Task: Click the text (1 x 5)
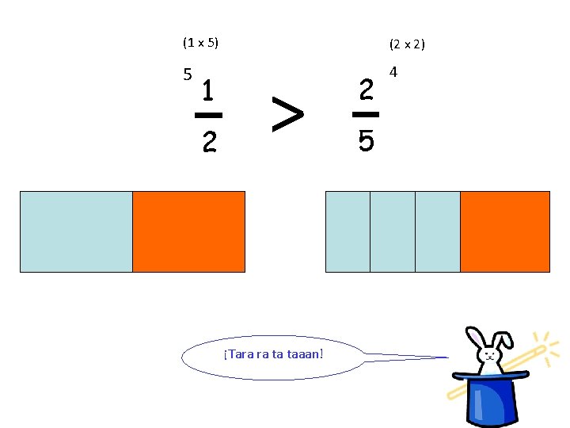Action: (200, 42)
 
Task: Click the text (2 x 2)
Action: (407, 44)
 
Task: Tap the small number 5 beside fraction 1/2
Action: (187, 75)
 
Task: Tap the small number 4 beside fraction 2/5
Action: (393, 73)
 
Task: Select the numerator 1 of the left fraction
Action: (207, 91)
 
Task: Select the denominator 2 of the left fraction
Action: (208, 142)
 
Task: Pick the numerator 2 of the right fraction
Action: (366, 90)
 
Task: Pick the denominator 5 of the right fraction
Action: (366, 142)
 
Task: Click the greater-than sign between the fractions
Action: (287, 115)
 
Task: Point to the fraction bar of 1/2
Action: (208, 116)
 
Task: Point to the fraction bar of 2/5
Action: (366, 116)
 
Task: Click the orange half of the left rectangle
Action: (188, 231)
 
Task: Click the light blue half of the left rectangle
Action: (76, 231)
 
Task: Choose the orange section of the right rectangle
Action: (504, 231)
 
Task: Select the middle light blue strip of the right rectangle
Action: (392, 231)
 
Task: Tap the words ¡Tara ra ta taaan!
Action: (273, 353)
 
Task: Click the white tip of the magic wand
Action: (541, 348)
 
